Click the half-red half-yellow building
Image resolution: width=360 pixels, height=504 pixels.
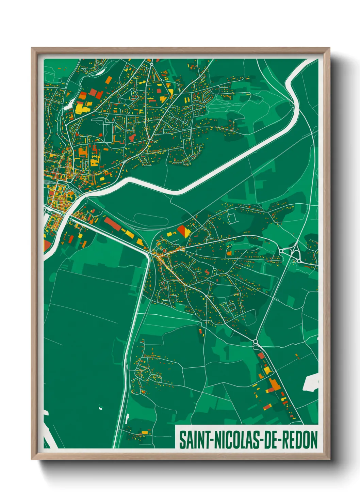[183, 231]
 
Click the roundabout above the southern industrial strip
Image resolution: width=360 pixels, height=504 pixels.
[256, 341]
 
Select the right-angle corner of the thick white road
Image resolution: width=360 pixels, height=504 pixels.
[149, 253]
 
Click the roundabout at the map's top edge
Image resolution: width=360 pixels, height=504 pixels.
[151, 64]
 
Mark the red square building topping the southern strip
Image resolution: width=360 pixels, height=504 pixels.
[261, 356]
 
